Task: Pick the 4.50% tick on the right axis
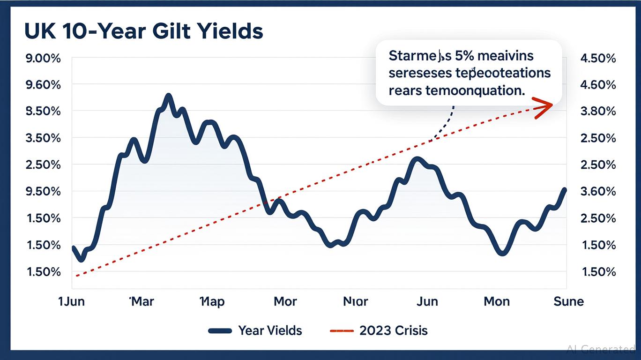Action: click(598, 59)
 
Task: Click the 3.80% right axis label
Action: click(598, 112)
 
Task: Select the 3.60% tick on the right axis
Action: click(598, 192)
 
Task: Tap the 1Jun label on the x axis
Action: click(71, 301)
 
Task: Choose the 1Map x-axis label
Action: click(212, 301)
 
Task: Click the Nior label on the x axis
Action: click(356, 301)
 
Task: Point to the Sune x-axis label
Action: click(568, 301)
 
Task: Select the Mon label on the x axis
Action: click(496, 301)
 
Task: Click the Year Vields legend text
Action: click(270, 330)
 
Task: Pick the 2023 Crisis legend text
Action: click(394, 330)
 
